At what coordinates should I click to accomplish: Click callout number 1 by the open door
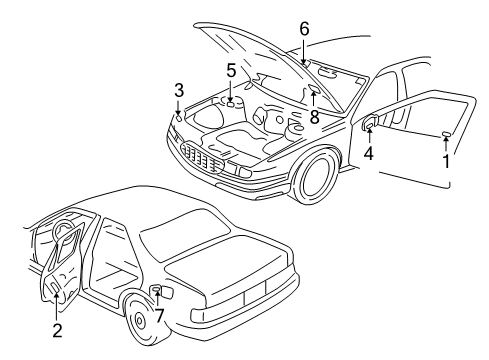coord(445,159)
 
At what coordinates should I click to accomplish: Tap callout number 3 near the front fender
coord(178,90)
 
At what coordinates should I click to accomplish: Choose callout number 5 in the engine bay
coord(230,72)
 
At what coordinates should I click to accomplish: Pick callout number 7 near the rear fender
coord(158,316)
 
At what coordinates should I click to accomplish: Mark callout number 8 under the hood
coord(314,116)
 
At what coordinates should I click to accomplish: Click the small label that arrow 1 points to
coord(445,133)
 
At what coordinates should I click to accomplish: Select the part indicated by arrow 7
coord(157,291)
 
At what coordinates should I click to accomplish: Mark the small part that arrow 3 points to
coord(179,116)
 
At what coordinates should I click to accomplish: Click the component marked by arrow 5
coord(230,101)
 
